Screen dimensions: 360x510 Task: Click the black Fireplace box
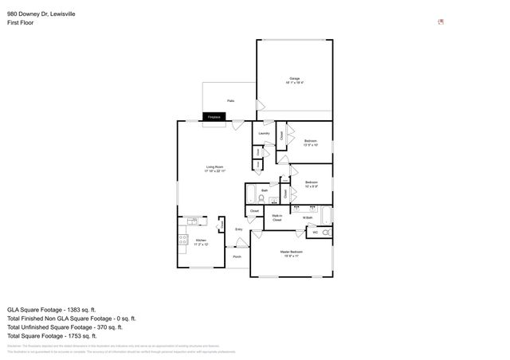click(x=214, y=117)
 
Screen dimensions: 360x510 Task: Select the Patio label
click(x=230, y=100)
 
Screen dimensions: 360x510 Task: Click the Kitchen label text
click(x=201, y=241)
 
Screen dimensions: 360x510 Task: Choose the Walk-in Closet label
click(x=277, y=217)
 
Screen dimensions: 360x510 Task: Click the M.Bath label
click(x=307, y=218)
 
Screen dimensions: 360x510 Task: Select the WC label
click(x=315, y=232)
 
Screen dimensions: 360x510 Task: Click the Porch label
click(x=237, y=257)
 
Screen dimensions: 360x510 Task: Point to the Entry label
click(x=237, y=229)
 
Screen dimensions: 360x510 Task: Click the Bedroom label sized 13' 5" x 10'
click(x=311, y=143)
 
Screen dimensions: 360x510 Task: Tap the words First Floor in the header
click(x=20, y=22)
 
